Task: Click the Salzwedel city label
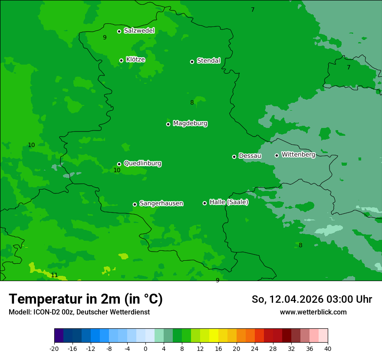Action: coord(139,31)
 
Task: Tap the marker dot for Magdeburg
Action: coord(168,124)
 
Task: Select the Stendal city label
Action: coord(208,61)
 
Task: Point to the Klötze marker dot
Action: coord(121,60)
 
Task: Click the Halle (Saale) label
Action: coord(229,202)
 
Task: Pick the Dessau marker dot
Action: coord(234,157)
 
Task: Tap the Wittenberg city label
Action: coord(298,154)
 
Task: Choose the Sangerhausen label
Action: coord(161,203)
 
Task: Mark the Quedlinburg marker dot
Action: coord(119,164)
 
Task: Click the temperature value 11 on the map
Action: coord(54,275)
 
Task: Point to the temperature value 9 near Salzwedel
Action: coord(105,38)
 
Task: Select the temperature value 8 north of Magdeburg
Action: coord(192,103)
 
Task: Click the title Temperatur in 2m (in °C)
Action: coord(86,299)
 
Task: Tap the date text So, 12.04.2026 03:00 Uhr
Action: coord(312,299)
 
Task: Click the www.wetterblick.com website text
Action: coord(313,312)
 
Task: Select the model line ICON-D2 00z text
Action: coord(79,312)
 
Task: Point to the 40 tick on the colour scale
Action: coord(328,349)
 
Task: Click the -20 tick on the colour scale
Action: coord(54,349)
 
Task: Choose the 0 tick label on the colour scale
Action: coord(145,349)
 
